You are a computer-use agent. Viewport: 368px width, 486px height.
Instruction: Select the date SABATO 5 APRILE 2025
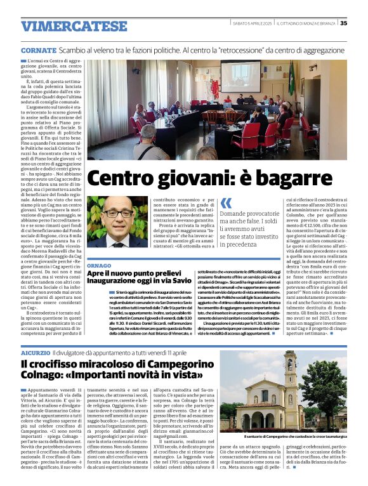251,23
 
